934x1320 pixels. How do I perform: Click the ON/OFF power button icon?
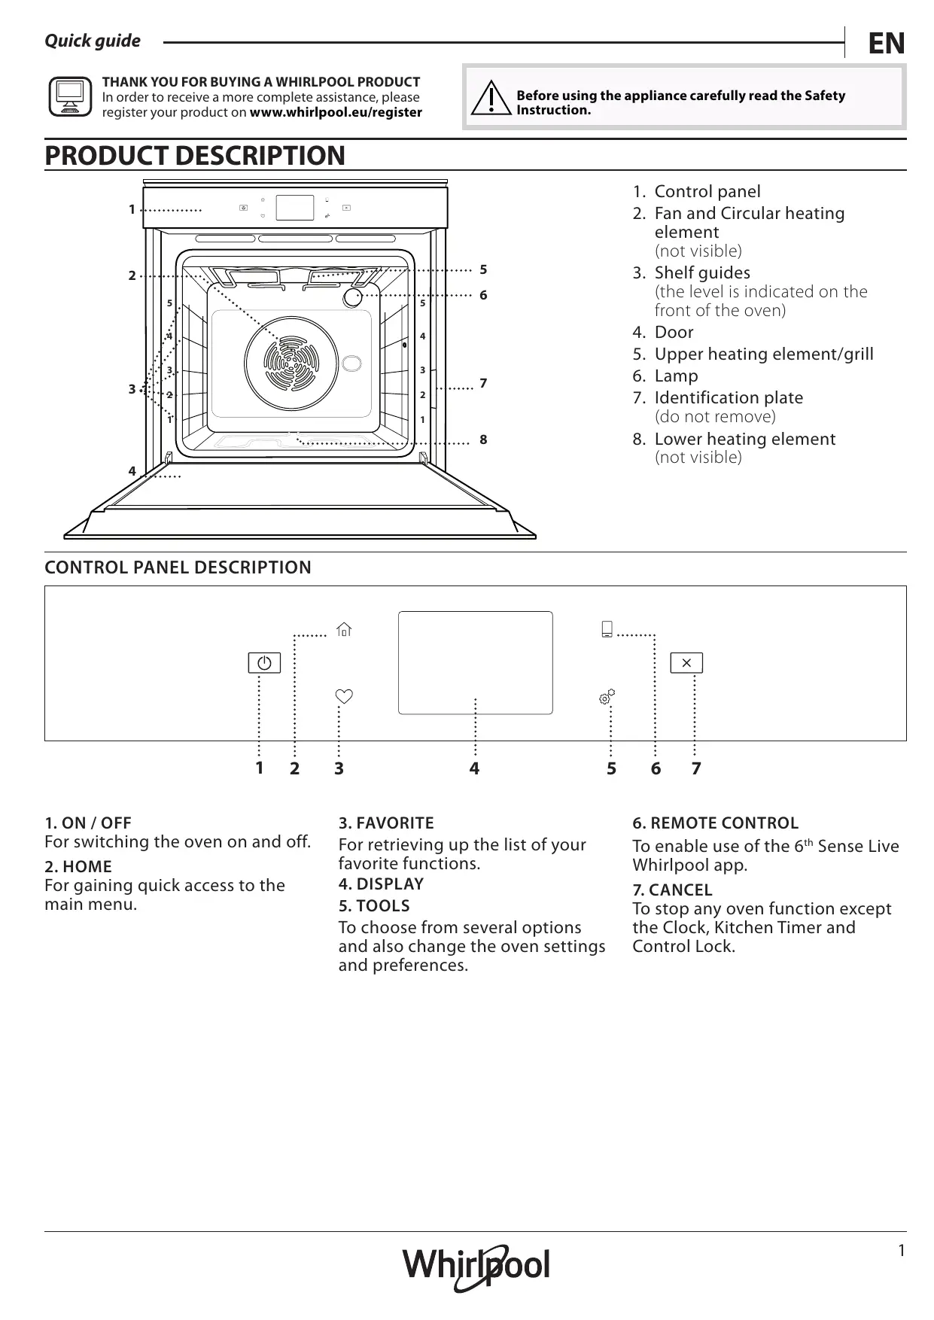pyautogui.click(x=264, y=663)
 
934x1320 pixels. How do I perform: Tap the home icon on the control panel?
pyautogui.click(x=344, y=629)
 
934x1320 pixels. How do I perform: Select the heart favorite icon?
pyautogui.click(x=344, y=696)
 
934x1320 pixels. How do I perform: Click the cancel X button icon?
pyautogui.click(x=686, y=663)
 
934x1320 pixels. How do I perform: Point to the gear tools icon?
pyautogui.click(x=607, y=697)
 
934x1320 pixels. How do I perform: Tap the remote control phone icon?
pyautogui.click(x=607, y=629)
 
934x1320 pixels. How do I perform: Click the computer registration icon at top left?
pyautogui.click(x=70, y=97)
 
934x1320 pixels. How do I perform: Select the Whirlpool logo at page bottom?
pyautogui.click(x=476, y=1268)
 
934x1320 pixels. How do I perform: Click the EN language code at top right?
pyautogui.click(x=886, y=44)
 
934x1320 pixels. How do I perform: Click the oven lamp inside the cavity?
pyautogui.click(x=352, y=297)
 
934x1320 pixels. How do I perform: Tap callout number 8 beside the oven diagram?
pyautogui.click(x=483, y=439)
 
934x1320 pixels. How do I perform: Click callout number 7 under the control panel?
pyautogui.click(x=696, y=768)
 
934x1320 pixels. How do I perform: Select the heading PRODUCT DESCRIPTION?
pyautogui.click(x=195, y=156)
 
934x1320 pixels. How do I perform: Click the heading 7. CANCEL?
pyautogui.click(x=672, y=890)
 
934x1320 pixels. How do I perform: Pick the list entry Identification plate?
pyautogui.click(x=728, y=397)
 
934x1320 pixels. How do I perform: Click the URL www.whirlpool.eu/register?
pyautogui.click(x=336, y=112)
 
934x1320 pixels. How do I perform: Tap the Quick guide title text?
pyautogui.click(x=93, y=41)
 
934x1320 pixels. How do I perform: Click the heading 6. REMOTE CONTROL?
pyautogui.click(x=715, y=823)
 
